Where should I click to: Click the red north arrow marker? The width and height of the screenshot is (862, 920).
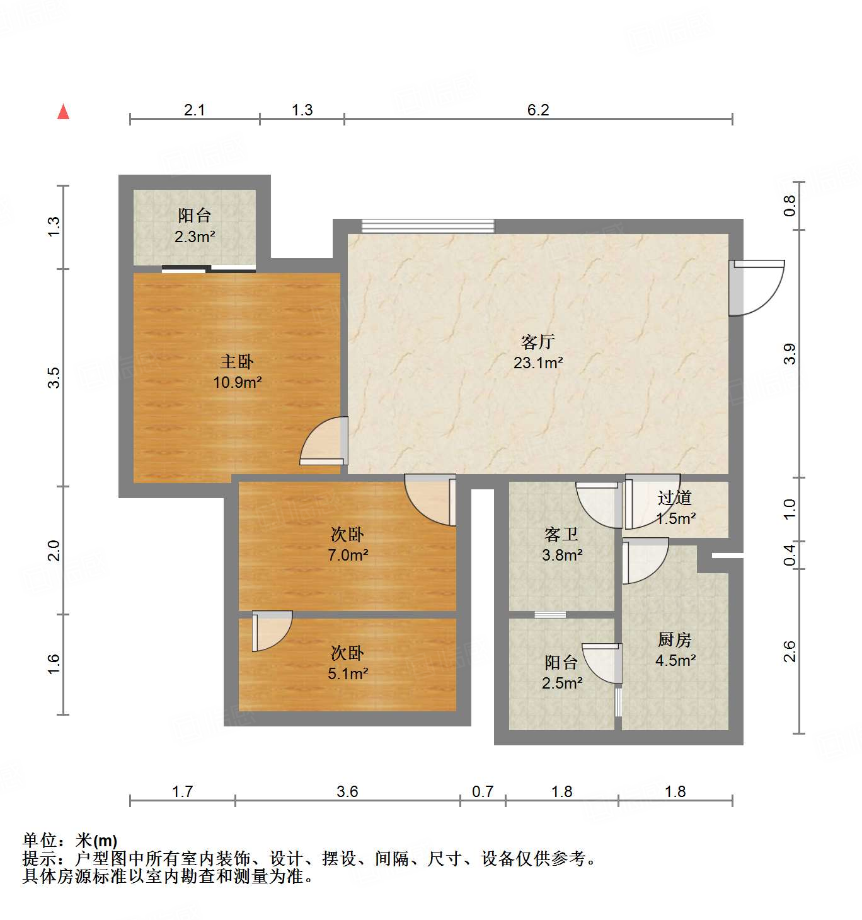click(x=63, y=112)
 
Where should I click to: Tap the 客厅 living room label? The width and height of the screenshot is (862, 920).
click(x=537, y=342)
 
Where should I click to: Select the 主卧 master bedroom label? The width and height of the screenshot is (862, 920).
click(x=236, y=361)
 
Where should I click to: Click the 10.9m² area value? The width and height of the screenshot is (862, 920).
click(x=237, y=382)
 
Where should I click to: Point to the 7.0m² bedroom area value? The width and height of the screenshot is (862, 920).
click(x=347, y=555)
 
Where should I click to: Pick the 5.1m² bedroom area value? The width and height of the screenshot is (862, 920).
click(x=347, y=673)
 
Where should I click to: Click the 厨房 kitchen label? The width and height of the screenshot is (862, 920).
click(x=674, y=639)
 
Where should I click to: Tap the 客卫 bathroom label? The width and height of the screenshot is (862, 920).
click(x=561, y=535)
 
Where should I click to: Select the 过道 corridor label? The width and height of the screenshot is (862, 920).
click(x=674, y=498)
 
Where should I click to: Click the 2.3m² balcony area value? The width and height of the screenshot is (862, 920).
click(x=194, y=237)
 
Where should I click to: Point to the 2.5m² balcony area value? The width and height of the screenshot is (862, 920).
click(x=561, y=683)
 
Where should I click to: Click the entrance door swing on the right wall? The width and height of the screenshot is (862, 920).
click(x=756, y=288)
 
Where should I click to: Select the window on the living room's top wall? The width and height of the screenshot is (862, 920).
click(x=428, y=226)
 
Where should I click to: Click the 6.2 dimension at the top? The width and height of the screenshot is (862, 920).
click(x=538, y=110)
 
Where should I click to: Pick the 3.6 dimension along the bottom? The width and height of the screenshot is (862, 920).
click(x=347, y=791)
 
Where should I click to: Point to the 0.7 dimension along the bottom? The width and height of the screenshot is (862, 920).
click(x=483, y=791)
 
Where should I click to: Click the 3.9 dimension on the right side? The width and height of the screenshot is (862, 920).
click(x=790, y=353)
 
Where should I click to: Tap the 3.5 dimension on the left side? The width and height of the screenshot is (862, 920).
click(x=54, y=377)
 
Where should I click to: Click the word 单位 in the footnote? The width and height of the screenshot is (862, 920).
click(x=40, y=841)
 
